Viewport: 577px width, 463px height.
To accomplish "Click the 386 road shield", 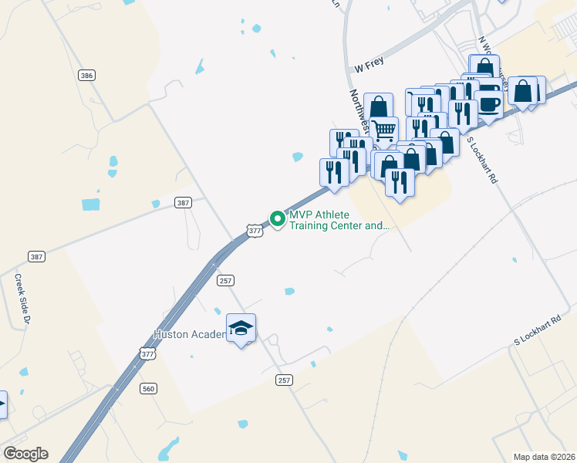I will click(x=87, y=75).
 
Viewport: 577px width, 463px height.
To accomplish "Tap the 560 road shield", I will click(x=149, y=388).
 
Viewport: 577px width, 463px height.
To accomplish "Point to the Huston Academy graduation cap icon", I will click(x=241, y=329).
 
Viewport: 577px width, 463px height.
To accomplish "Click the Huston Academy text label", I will click(x=190, y=334).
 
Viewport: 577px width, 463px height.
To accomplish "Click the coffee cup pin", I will click(x=488, y=103).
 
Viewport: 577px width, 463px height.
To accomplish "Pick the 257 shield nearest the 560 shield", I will click(x=284, y=380).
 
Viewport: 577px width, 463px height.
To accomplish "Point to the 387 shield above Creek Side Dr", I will click(x=36, y=256).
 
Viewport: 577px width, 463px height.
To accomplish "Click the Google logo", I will click(x=25, y=454).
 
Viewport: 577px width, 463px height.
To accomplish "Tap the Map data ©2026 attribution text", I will click(x=544, y=456).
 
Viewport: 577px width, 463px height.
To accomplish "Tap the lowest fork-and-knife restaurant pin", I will click(x=400, y=182).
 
